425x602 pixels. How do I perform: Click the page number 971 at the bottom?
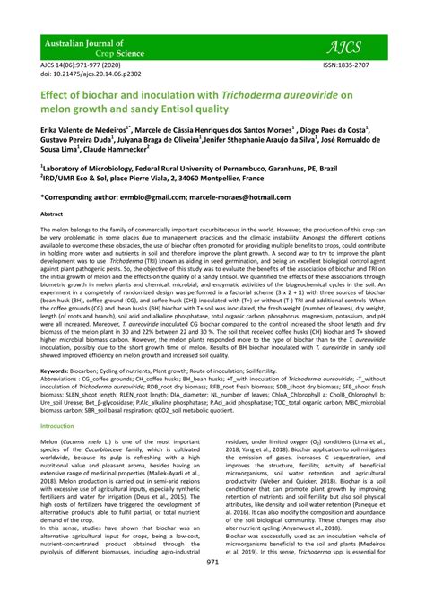point(212,587)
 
